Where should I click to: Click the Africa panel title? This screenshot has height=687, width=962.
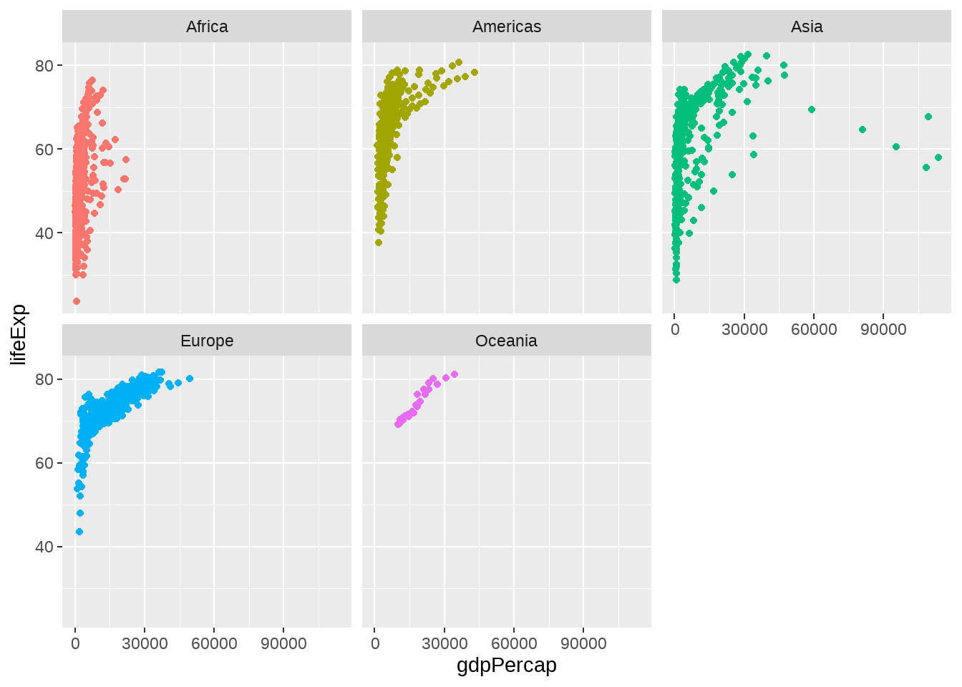pos(207,27)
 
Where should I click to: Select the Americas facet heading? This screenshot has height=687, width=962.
pos(507,27)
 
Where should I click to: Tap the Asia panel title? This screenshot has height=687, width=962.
pos(807,27)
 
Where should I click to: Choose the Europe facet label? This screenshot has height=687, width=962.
pos(207,341)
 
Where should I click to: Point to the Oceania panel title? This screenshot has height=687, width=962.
pos(507,341)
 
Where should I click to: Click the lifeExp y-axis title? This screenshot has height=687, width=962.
pos(19,334)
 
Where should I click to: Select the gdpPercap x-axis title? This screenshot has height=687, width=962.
pos(507,666)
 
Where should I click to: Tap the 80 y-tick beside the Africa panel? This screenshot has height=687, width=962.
pos(44,66)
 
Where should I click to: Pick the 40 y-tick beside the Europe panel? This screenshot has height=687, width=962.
pos(44,547)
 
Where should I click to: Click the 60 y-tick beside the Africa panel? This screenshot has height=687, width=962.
pos(44,150)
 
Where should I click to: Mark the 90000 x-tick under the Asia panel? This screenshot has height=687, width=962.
pos(883,329)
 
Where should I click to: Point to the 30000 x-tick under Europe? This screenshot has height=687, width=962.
pos(145,643)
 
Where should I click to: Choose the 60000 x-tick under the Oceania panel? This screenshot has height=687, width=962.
pos(514,643)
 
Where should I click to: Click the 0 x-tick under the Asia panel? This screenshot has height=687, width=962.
pos(675,329)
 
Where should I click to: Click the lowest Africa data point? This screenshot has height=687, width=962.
pos(77,301)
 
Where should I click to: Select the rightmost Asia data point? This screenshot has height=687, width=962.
pos(938,157)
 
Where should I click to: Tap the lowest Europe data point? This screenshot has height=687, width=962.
pos(79,532)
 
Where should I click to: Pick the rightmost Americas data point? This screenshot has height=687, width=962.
pos(475,72)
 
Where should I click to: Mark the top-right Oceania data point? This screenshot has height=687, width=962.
pos(455,374)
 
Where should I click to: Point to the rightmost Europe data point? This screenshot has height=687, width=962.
pos(190,379)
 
